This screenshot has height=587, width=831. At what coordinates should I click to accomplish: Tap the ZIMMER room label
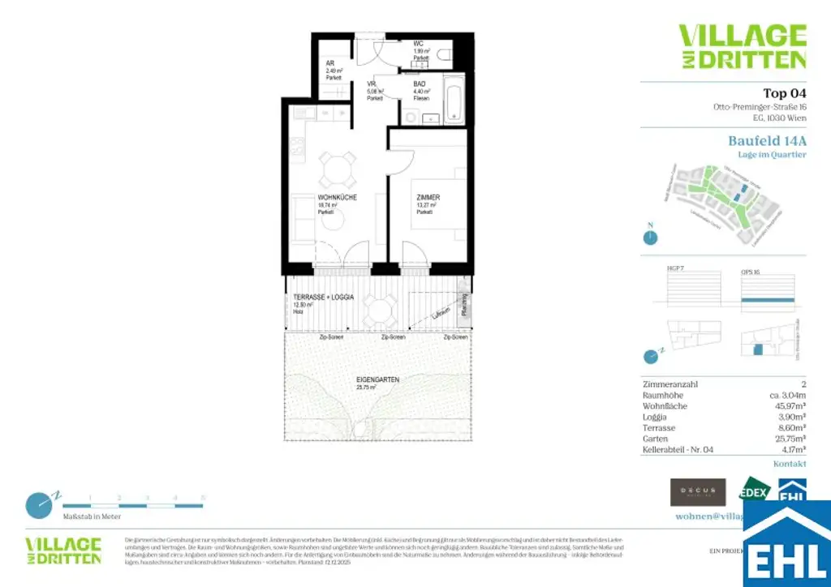pos(428,197)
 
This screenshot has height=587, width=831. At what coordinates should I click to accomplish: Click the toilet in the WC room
pos(443,55)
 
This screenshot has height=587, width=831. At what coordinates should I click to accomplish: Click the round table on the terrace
pos(379,308)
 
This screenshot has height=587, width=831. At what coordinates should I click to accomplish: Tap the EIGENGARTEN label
pos(375,379)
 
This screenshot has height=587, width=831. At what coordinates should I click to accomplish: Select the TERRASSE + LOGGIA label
pos(324,298)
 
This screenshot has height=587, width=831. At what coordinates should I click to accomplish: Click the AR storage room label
pos(330,62)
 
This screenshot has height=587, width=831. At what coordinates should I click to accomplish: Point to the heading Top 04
pos(785,92)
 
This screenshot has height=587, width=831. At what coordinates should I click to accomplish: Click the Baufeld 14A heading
pos(767,140)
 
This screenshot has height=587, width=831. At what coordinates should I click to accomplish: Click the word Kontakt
pos(790,464)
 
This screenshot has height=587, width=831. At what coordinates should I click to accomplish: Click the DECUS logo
pos(697,491)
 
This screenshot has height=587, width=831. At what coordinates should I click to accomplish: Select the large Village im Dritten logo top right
pos(742,46)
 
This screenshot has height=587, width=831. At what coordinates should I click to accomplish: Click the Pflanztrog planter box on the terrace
pos(463,309)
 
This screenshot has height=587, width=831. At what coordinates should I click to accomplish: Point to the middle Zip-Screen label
pos(394,336)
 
